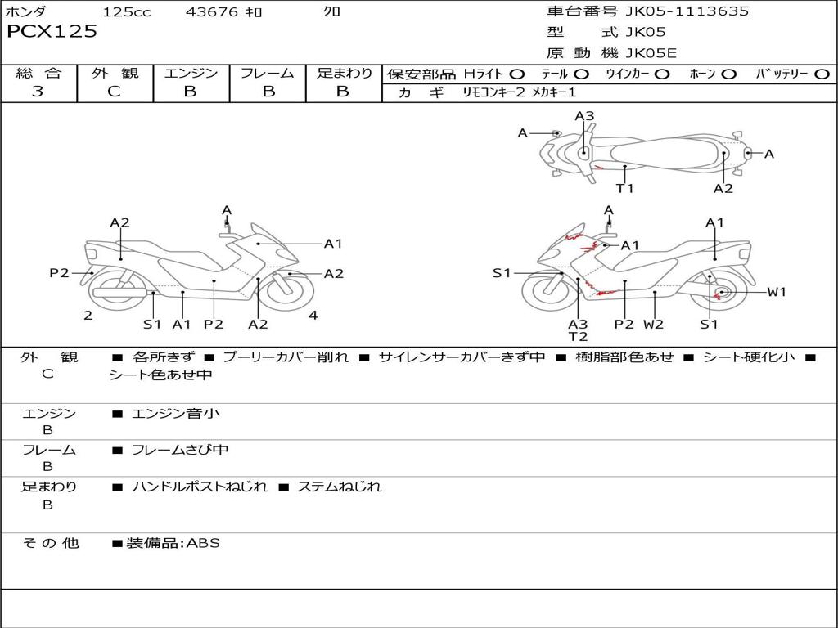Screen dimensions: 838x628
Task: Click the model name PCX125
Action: pos(52,31)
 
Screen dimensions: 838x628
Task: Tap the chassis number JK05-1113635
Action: pos(687,11)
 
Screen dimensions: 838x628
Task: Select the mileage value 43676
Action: pos(212,11)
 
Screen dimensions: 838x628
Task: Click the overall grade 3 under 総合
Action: pos(38,91)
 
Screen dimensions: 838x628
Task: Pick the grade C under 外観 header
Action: pos(115,91)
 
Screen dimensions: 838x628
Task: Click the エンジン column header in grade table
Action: pos(191,73)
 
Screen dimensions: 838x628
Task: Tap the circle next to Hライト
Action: pos(517,74)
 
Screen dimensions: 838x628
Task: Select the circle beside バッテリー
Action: pos(822,74)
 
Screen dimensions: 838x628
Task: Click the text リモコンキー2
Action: pos(493,92)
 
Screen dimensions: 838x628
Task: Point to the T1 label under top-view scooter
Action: pos(624,188)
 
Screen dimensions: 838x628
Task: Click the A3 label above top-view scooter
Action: pos(584,116)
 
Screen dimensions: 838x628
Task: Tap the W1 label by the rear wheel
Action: pos(777,292)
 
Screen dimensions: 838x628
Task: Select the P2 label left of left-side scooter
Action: pos(59,273)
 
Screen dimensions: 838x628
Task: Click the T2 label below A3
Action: pos(579,336)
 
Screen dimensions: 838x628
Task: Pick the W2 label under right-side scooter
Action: pos(654,324)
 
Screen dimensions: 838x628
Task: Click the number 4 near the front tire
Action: pos(313,315)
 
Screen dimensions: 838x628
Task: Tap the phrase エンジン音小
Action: pos(176,413)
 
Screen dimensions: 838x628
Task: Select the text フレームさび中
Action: pos(180,451)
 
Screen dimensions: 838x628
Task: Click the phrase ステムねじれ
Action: pos(340,487)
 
